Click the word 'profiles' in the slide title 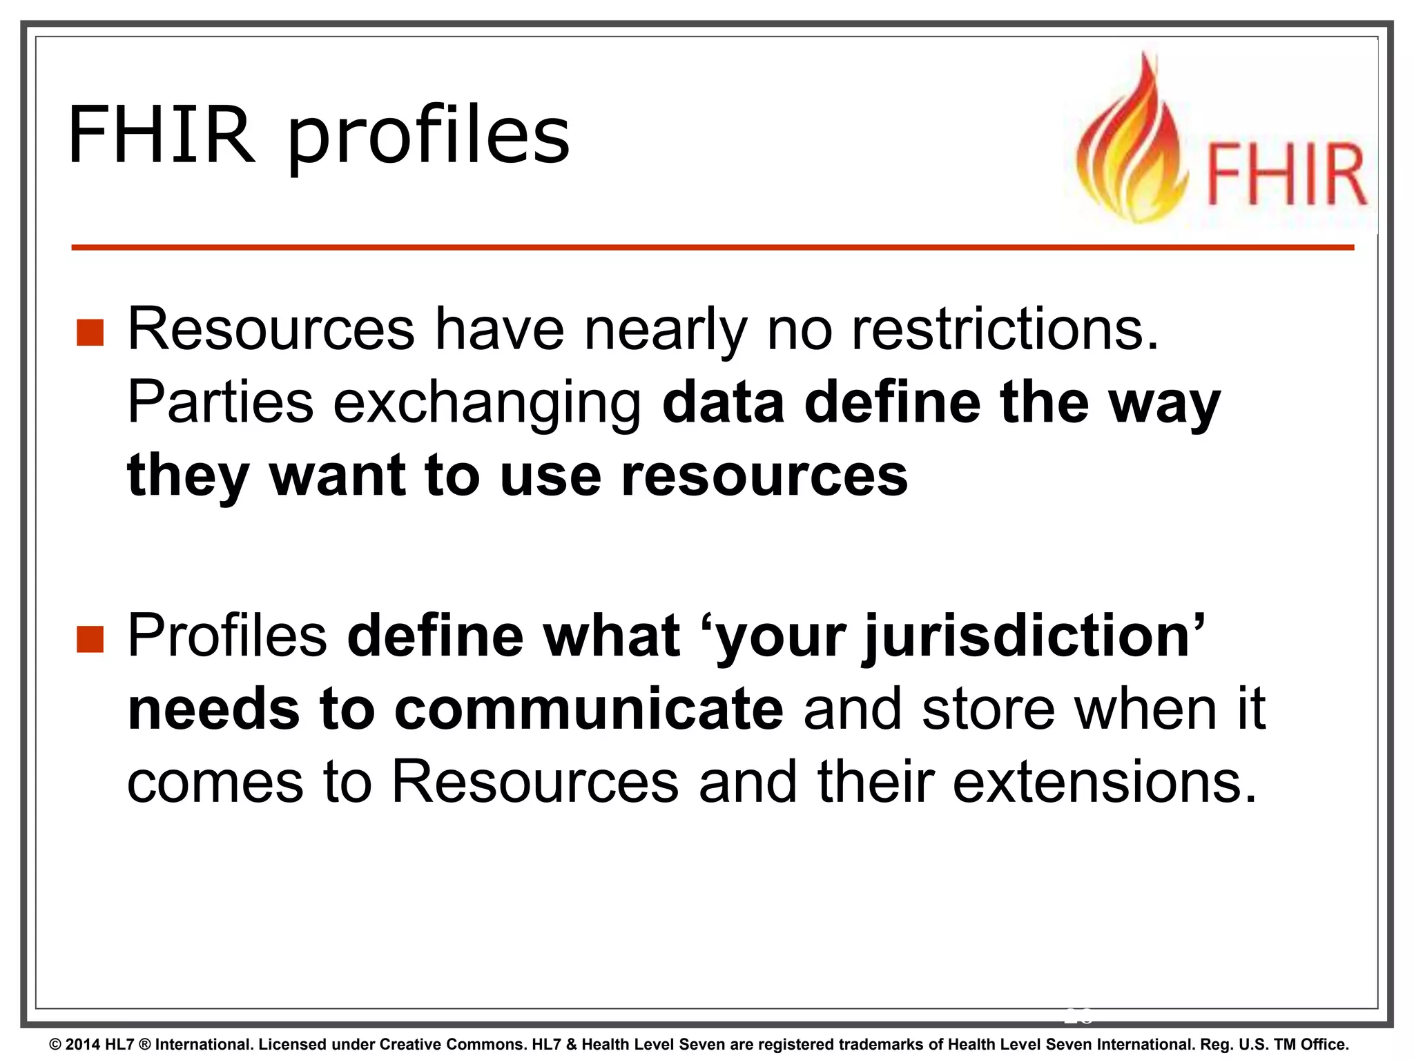coord(429,136)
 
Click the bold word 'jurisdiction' coord(1026,636)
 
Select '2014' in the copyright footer coord(83,1045)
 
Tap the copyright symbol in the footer coord(55,1045)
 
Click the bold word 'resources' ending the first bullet coord(764,476)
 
